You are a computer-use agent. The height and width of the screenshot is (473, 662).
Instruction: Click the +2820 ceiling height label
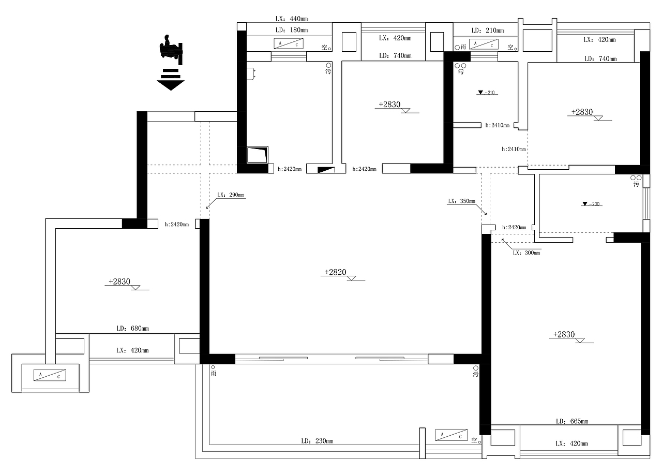336,272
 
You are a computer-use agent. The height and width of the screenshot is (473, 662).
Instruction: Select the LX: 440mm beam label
292,19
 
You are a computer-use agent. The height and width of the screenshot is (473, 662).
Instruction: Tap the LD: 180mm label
292,30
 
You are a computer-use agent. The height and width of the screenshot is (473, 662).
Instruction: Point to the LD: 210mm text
488,31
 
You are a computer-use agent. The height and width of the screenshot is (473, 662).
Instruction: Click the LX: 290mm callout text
231,195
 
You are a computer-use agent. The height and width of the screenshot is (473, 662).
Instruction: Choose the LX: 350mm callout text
462,201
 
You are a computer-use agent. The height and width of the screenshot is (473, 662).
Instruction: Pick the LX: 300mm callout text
526,253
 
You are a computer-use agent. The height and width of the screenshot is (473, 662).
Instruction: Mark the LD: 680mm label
133,329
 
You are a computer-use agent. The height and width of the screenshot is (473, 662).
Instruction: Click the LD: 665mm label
572,421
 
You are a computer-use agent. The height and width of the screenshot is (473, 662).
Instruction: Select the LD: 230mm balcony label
317,441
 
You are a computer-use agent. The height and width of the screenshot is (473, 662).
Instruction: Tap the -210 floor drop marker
487,93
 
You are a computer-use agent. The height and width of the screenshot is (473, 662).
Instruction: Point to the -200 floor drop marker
592,204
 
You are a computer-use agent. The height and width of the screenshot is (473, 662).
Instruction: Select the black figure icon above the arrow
171,49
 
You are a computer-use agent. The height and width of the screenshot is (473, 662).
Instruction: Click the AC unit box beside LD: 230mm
452,435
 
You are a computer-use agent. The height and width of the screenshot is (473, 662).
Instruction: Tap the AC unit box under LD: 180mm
289,44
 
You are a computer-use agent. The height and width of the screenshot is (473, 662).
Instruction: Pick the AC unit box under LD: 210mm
484,45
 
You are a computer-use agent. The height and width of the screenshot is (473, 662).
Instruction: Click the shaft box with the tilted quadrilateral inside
257,155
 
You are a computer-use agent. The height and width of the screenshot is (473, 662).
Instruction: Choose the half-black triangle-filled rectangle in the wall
326,170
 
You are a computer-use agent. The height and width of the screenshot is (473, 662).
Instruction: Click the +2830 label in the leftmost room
119,282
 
